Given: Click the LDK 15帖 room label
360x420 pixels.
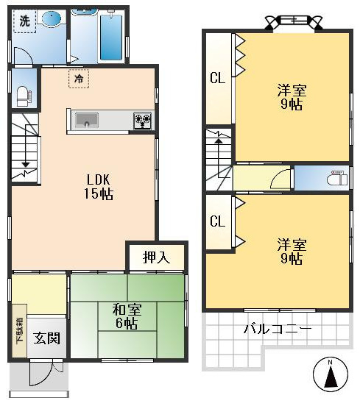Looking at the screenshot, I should [99, 187].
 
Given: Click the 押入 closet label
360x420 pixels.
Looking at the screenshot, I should [155, 257].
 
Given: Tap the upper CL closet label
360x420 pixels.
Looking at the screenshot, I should [218, 78].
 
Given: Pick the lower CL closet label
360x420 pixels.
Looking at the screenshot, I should [218, 221].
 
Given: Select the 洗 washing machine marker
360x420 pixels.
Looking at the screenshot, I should [24, 21].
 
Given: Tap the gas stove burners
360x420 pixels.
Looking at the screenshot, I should [141, 120].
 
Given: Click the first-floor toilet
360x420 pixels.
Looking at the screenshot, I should [22, 93].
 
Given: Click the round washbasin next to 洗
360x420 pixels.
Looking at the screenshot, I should [52, 20].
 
